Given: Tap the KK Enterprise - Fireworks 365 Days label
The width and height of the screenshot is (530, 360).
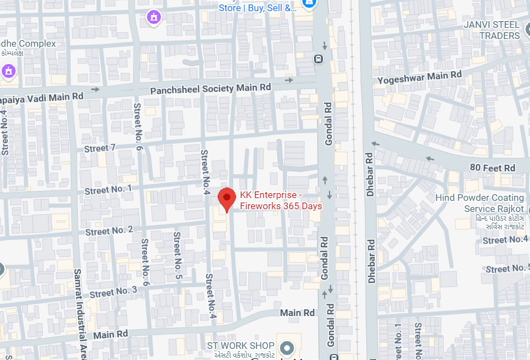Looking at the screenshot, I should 281,201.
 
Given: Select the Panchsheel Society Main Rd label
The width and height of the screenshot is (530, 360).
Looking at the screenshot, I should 210,88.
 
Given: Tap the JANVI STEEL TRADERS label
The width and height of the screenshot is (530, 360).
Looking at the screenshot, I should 492,31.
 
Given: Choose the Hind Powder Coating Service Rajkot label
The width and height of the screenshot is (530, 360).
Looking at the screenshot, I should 480,203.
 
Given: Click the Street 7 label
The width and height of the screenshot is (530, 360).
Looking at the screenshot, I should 100,149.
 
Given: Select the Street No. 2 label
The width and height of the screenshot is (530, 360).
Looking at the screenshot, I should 109,230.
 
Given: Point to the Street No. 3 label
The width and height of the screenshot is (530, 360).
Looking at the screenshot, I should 113,292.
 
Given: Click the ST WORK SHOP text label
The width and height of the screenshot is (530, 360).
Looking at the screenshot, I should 241,346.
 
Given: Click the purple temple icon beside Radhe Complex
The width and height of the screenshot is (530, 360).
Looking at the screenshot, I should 8,71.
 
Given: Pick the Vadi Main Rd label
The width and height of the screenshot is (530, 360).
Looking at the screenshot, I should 42,97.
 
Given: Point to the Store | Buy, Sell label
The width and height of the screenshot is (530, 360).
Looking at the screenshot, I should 257,8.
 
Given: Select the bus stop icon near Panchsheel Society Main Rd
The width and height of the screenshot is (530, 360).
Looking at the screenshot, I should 318,58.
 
